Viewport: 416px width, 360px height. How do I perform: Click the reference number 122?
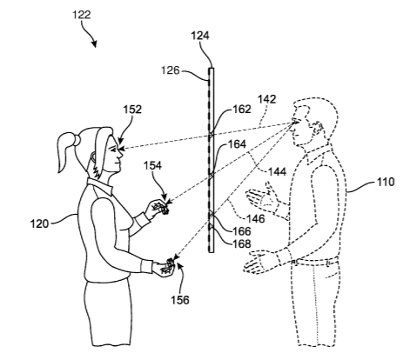[x=82, y=15]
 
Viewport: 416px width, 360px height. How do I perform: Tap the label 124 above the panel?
[x=200, y=36]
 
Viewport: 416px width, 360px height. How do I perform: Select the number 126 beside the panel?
[x=171, y=70]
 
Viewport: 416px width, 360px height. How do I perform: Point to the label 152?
[x=132, y=110]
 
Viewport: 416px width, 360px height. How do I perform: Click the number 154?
[x=152, y=165]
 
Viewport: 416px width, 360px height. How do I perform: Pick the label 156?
[x=180, y=300]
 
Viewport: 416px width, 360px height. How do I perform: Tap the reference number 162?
[x=242, y=109]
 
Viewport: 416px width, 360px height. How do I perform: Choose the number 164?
[x=237, y=144]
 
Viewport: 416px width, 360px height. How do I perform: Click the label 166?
[x=242, y=231]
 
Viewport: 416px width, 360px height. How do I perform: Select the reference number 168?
[x=242, y=243]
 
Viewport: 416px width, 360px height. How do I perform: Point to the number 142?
[x=266, y=99]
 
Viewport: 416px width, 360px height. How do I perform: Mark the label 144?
[x=277, y=171]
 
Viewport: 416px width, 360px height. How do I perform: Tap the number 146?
[x=256, y=218]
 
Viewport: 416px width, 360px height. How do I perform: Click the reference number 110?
[x=386, y=182]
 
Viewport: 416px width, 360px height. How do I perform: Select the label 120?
[x=40, y=223]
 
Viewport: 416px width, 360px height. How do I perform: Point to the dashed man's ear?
[x=318, y=129]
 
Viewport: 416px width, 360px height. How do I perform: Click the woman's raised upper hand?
[x=158, y=207]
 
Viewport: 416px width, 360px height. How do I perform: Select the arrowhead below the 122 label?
[x=94, y=44]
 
